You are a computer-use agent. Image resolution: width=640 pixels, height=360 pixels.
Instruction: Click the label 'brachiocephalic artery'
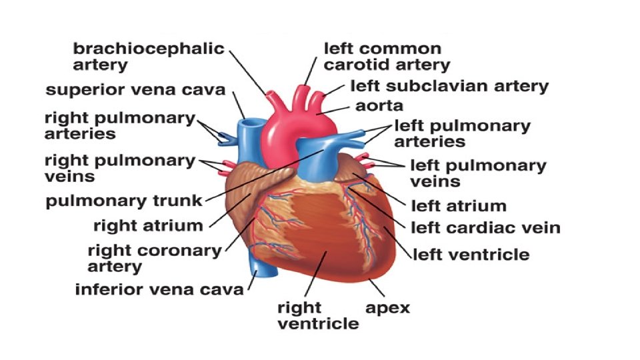click(148, 57)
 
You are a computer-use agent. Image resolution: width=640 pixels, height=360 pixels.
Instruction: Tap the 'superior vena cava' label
click(135, 89)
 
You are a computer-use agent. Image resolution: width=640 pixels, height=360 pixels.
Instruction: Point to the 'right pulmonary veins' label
click(119, 168)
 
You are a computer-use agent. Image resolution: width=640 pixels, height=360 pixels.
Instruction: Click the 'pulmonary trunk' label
click(124, 201)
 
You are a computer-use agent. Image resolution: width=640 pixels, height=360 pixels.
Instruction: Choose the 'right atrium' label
click(147, 225)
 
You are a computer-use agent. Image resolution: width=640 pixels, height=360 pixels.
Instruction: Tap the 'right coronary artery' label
click(154, 258)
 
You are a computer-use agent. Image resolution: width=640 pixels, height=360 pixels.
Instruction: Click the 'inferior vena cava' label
click(159, 290)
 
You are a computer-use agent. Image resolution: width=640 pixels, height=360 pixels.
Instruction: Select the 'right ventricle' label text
click(318, 315)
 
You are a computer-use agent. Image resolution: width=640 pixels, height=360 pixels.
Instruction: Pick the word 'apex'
click(387, 307)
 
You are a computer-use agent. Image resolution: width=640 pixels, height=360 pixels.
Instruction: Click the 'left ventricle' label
click(471, 254)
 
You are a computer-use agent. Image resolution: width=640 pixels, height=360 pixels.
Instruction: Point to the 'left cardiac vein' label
click(485, 228)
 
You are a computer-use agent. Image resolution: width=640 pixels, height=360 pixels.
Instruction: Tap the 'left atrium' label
click(458, 205)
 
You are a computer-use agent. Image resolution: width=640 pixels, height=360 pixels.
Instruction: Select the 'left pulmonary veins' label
click(477, 173)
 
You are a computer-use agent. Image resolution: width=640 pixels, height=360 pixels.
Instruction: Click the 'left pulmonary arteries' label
click(462, 133)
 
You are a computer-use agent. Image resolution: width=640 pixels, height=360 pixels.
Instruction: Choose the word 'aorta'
click(379, 105)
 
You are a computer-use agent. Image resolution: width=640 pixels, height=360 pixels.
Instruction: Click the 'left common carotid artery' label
click(387, 57)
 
